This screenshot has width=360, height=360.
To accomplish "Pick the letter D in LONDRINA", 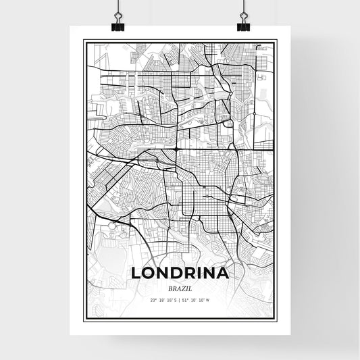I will point(180,274).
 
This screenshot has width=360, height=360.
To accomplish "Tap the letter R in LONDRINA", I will point(195,274).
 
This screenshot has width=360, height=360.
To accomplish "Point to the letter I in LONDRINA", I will point(205,274).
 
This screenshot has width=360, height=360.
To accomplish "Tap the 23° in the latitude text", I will point(153,300).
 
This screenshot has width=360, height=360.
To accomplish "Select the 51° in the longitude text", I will point(186,300).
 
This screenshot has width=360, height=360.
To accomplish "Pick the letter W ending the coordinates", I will point(208,300).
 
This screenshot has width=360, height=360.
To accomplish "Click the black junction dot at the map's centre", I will point(176,148).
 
